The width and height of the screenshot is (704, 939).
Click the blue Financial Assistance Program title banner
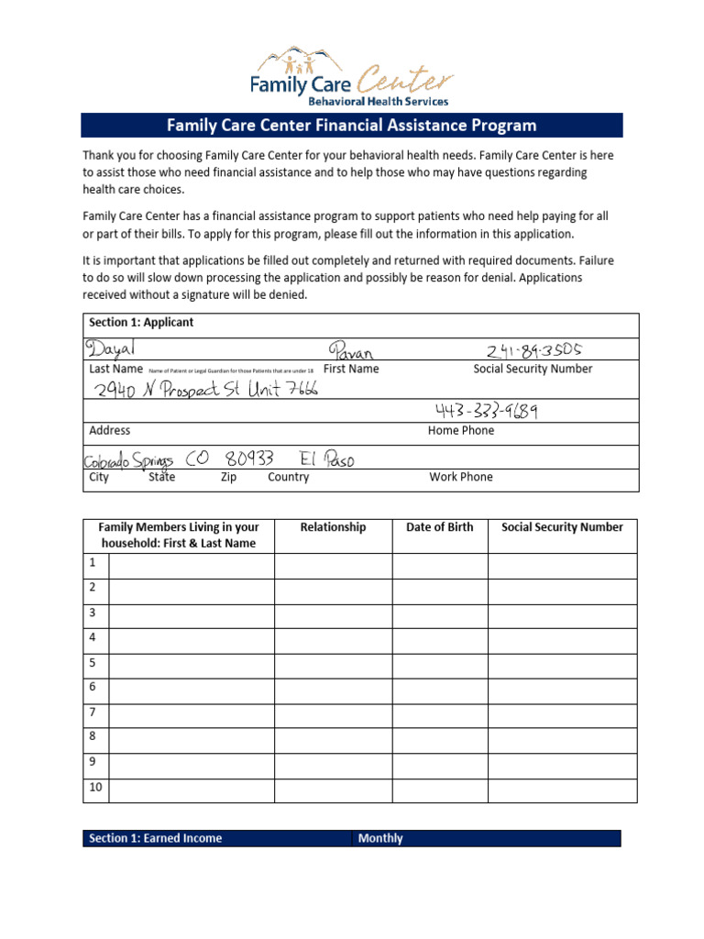(x=351, y=126)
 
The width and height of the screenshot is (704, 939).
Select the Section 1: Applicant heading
(x=141, y=323)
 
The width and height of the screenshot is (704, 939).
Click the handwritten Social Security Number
(x=533, y=350)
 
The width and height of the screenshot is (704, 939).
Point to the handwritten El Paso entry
(x=326, y=458)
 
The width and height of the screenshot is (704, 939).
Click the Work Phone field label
(x=460, y=477)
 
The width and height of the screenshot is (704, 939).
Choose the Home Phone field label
(x=460, y=430)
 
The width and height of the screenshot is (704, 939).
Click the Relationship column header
(x=333, y=527)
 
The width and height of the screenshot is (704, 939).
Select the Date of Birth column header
(x=440, y=527)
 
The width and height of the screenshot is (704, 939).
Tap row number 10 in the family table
(x=95, y=788)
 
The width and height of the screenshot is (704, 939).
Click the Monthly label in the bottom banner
(x=380, y=838)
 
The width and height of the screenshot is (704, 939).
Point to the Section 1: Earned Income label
(x=155, y=838)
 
